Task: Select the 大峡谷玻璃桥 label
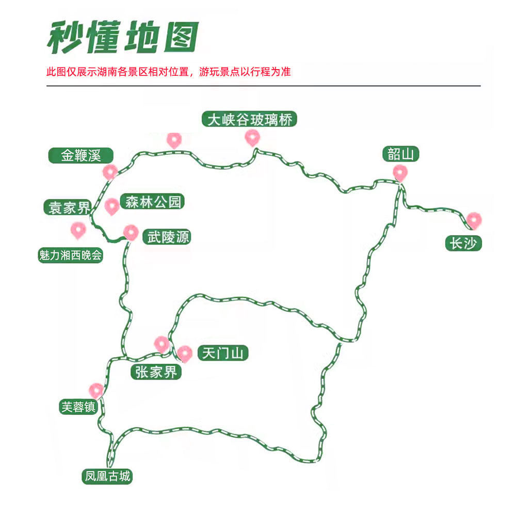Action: [249, 120]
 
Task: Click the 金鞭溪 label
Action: [81, 155]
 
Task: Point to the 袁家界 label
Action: [67, 208]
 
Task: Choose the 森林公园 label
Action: [152, 202]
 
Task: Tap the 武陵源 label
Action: [168, 237]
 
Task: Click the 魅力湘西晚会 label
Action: [71, 255]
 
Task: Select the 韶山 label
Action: [400, 154]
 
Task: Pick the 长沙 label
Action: [464, 244]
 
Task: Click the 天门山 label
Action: [222, 353]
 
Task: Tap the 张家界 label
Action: [156, 372]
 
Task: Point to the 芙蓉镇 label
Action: [78, 407]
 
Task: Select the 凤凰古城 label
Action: [108, 476]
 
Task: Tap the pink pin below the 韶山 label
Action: [400, 172]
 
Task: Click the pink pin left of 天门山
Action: [185, 353]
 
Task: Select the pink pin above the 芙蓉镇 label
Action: [96, 390]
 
